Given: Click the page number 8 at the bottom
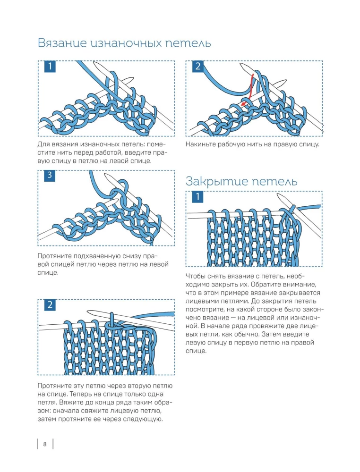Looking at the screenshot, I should (44, 444).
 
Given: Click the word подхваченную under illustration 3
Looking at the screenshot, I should (91, 256).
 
